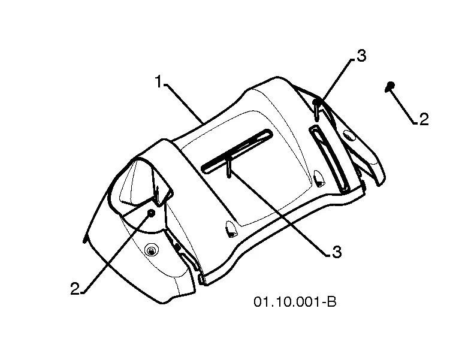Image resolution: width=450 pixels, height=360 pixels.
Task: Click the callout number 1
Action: pyautogui.click(x=159, y=81)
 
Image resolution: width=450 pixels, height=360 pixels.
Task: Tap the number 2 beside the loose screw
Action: pyautogui.click(x=424, y=119)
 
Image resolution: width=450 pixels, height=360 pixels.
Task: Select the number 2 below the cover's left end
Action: pyautogui.click(x=75, y=289)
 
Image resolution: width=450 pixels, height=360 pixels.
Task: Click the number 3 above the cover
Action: pyautogui.click(x=361, y=56)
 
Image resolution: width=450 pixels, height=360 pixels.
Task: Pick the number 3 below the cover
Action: pyautogui.click(x=337, y=252)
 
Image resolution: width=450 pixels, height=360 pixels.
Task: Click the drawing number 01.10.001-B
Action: pyautogui.click(x=295, y=302)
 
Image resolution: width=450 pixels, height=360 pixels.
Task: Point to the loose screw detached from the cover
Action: pyautogui.click(x=390, y=86)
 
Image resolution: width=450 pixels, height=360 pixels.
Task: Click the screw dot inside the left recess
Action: pyautogui.click(x=151, y=213)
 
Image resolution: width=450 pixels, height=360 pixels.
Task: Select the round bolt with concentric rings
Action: pyautogui.click(x=151, y=251)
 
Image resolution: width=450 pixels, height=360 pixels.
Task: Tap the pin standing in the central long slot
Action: pyautogui.click(x=229, y=167)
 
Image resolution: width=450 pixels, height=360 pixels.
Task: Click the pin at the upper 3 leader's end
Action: pyautogui.click(x=316, y=110)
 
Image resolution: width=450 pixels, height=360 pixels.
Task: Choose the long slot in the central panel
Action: pyautogui.click(x=237, y=151)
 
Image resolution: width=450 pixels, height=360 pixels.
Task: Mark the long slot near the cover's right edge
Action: pyautogui.click(x=329, y=158)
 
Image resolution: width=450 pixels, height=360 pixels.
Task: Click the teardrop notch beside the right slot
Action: pyautogui.click(x=319, y=178)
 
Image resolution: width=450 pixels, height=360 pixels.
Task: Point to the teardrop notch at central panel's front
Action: pyautogui.click(x=231, y=229)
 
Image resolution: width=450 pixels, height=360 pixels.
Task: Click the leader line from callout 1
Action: pyautogui.click(x=184, y=104)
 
